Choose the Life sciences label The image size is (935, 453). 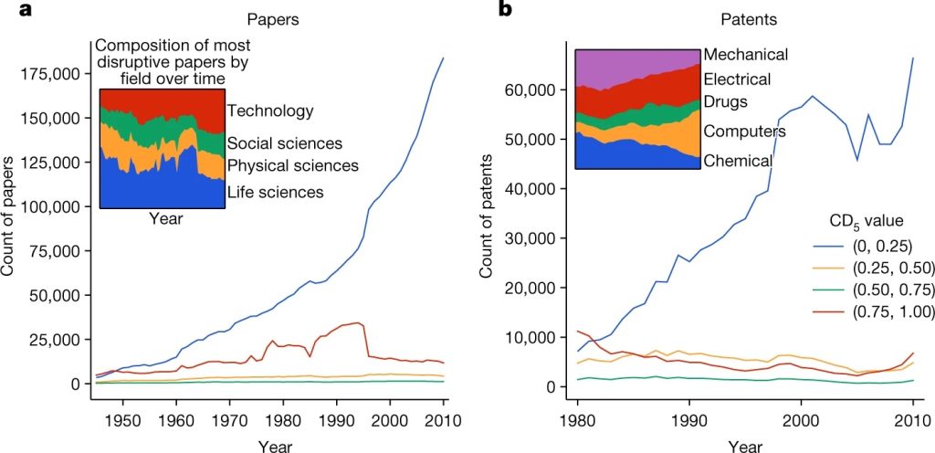275,192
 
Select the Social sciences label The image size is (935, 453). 284,143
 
